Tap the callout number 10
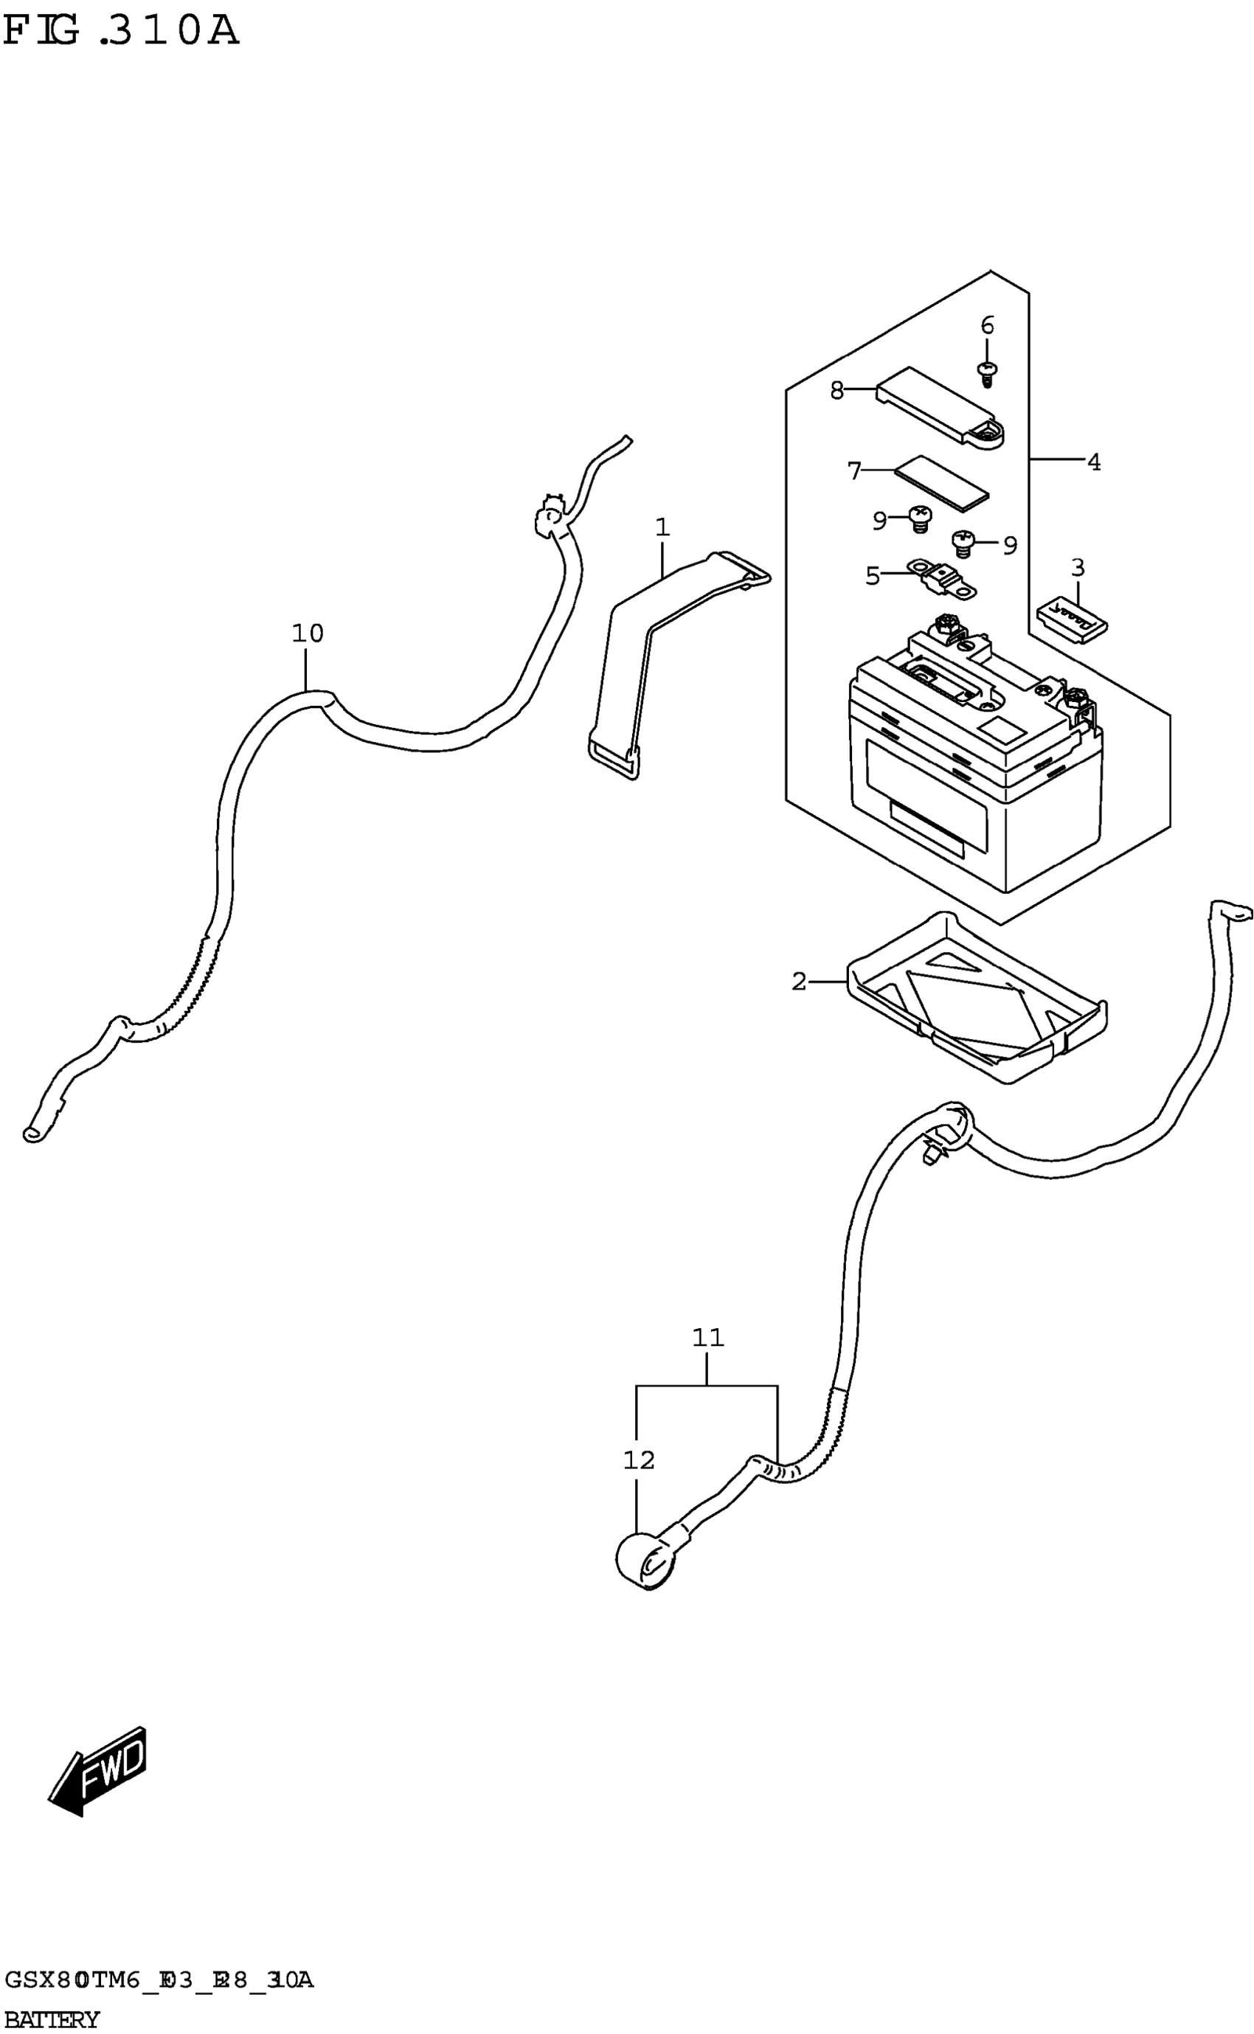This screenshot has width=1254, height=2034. point(307,634)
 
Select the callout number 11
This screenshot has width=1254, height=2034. point(707,1338)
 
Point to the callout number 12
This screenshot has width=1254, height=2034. point(639,1460)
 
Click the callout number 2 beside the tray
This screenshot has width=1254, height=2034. point(799,982)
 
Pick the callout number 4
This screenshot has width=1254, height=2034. point(1094,462)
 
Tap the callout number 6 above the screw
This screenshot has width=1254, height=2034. point(987,326)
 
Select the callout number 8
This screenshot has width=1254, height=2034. point(836,389)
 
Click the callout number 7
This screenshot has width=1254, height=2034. point(854,471)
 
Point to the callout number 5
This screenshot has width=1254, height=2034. point(872,575)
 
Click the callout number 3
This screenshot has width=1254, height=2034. point(1078,568)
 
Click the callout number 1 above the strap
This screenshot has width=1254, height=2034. point(662,527)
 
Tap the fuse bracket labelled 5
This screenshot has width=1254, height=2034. point(943,577)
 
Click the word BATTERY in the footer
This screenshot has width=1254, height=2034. point(52,2019)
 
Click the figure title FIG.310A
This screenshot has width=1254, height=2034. point(121,32)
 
